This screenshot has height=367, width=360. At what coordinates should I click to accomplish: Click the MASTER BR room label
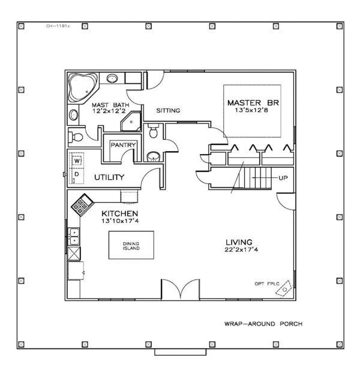253,103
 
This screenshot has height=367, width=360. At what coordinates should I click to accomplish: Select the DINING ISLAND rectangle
131,245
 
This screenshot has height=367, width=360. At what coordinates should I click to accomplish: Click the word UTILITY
109,177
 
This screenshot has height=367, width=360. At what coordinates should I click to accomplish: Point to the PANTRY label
122,145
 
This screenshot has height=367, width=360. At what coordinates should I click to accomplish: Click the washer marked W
77,161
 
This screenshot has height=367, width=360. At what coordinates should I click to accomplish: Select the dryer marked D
77,174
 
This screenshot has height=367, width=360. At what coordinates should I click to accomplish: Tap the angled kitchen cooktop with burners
82,205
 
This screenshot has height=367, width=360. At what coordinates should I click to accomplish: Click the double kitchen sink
73,236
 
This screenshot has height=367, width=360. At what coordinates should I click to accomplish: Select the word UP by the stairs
283,179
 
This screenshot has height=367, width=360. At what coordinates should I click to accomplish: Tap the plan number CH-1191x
59,26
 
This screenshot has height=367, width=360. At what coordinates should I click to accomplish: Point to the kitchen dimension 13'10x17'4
120,221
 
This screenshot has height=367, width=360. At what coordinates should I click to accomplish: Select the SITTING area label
169,111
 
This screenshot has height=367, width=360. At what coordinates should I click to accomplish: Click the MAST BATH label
108,104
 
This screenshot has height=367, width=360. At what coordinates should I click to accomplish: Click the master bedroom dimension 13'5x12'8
253,110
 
